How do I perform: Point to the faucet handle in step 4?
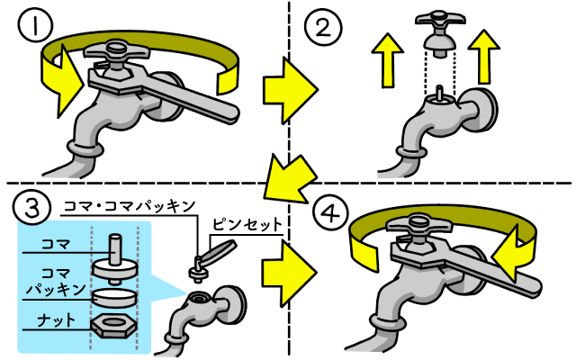(418, 226)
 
